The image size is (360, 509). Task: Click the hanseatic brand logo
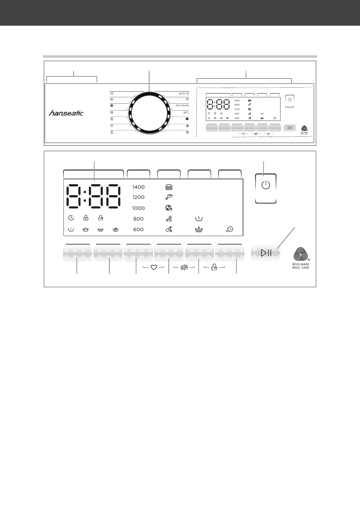(66, 113)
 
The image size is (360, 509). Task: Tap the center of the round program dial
(149, 113)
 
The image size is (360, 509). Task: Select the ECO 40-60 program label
(182, 105)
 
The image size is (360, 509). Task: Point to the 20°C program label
(186, 112)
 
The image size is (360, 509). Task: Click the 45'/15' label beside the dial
(182, 93)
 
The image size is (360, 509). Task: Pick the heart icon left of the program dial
(112, 94)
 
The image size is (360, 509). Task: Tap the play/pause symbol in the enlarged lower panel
(266, 253)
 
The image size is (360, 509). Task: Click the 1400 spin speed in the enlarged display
(138, 187)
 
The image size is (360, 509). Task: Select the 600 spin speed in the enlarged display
(138, 229)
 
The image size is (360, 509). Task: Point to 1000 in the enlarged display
(138, 208)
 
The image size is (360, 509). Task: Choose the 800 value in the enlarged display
(138, 219)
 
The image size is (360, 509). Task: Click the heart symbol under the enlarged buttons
(153, 267)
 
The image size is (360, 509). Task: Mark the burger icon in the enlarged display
(169, 187)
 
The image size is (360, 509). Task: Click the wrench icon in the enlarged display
(169, 219)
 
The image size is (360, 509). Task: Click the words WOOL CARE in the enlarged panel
(300, 268)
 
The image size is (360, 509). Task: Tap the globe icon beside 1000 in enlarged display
(169, 208)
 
